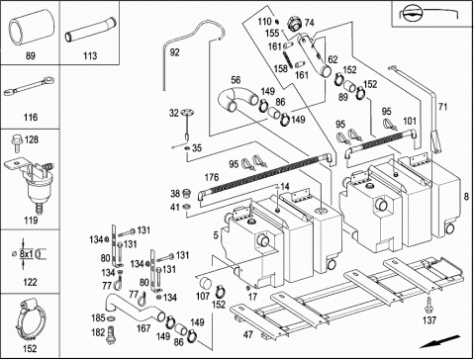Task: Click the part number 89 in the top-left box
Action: [31, 55]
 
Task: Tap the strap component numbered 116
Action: [29, 86]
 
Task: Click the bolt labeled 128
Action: [16, 144]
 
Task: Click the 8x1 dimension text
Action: [26, 254]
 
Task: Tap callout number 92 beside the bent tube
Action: [174, 52]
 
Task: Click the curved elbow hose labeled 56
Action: [237, 98]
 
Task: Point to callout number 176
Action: [212, 177]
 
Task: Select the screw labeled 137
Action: [428, 305]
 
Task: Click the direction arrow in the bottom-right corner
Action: [439, 341]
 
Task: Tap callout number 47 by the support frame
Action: [247, 334]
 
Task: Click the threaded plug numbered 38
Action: [187, 193]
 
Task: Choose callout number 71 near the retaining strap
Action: [442, 107]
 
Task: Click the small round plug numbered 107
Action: [207, 284]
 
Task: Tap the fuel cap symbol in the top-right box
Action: [411, 14]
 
